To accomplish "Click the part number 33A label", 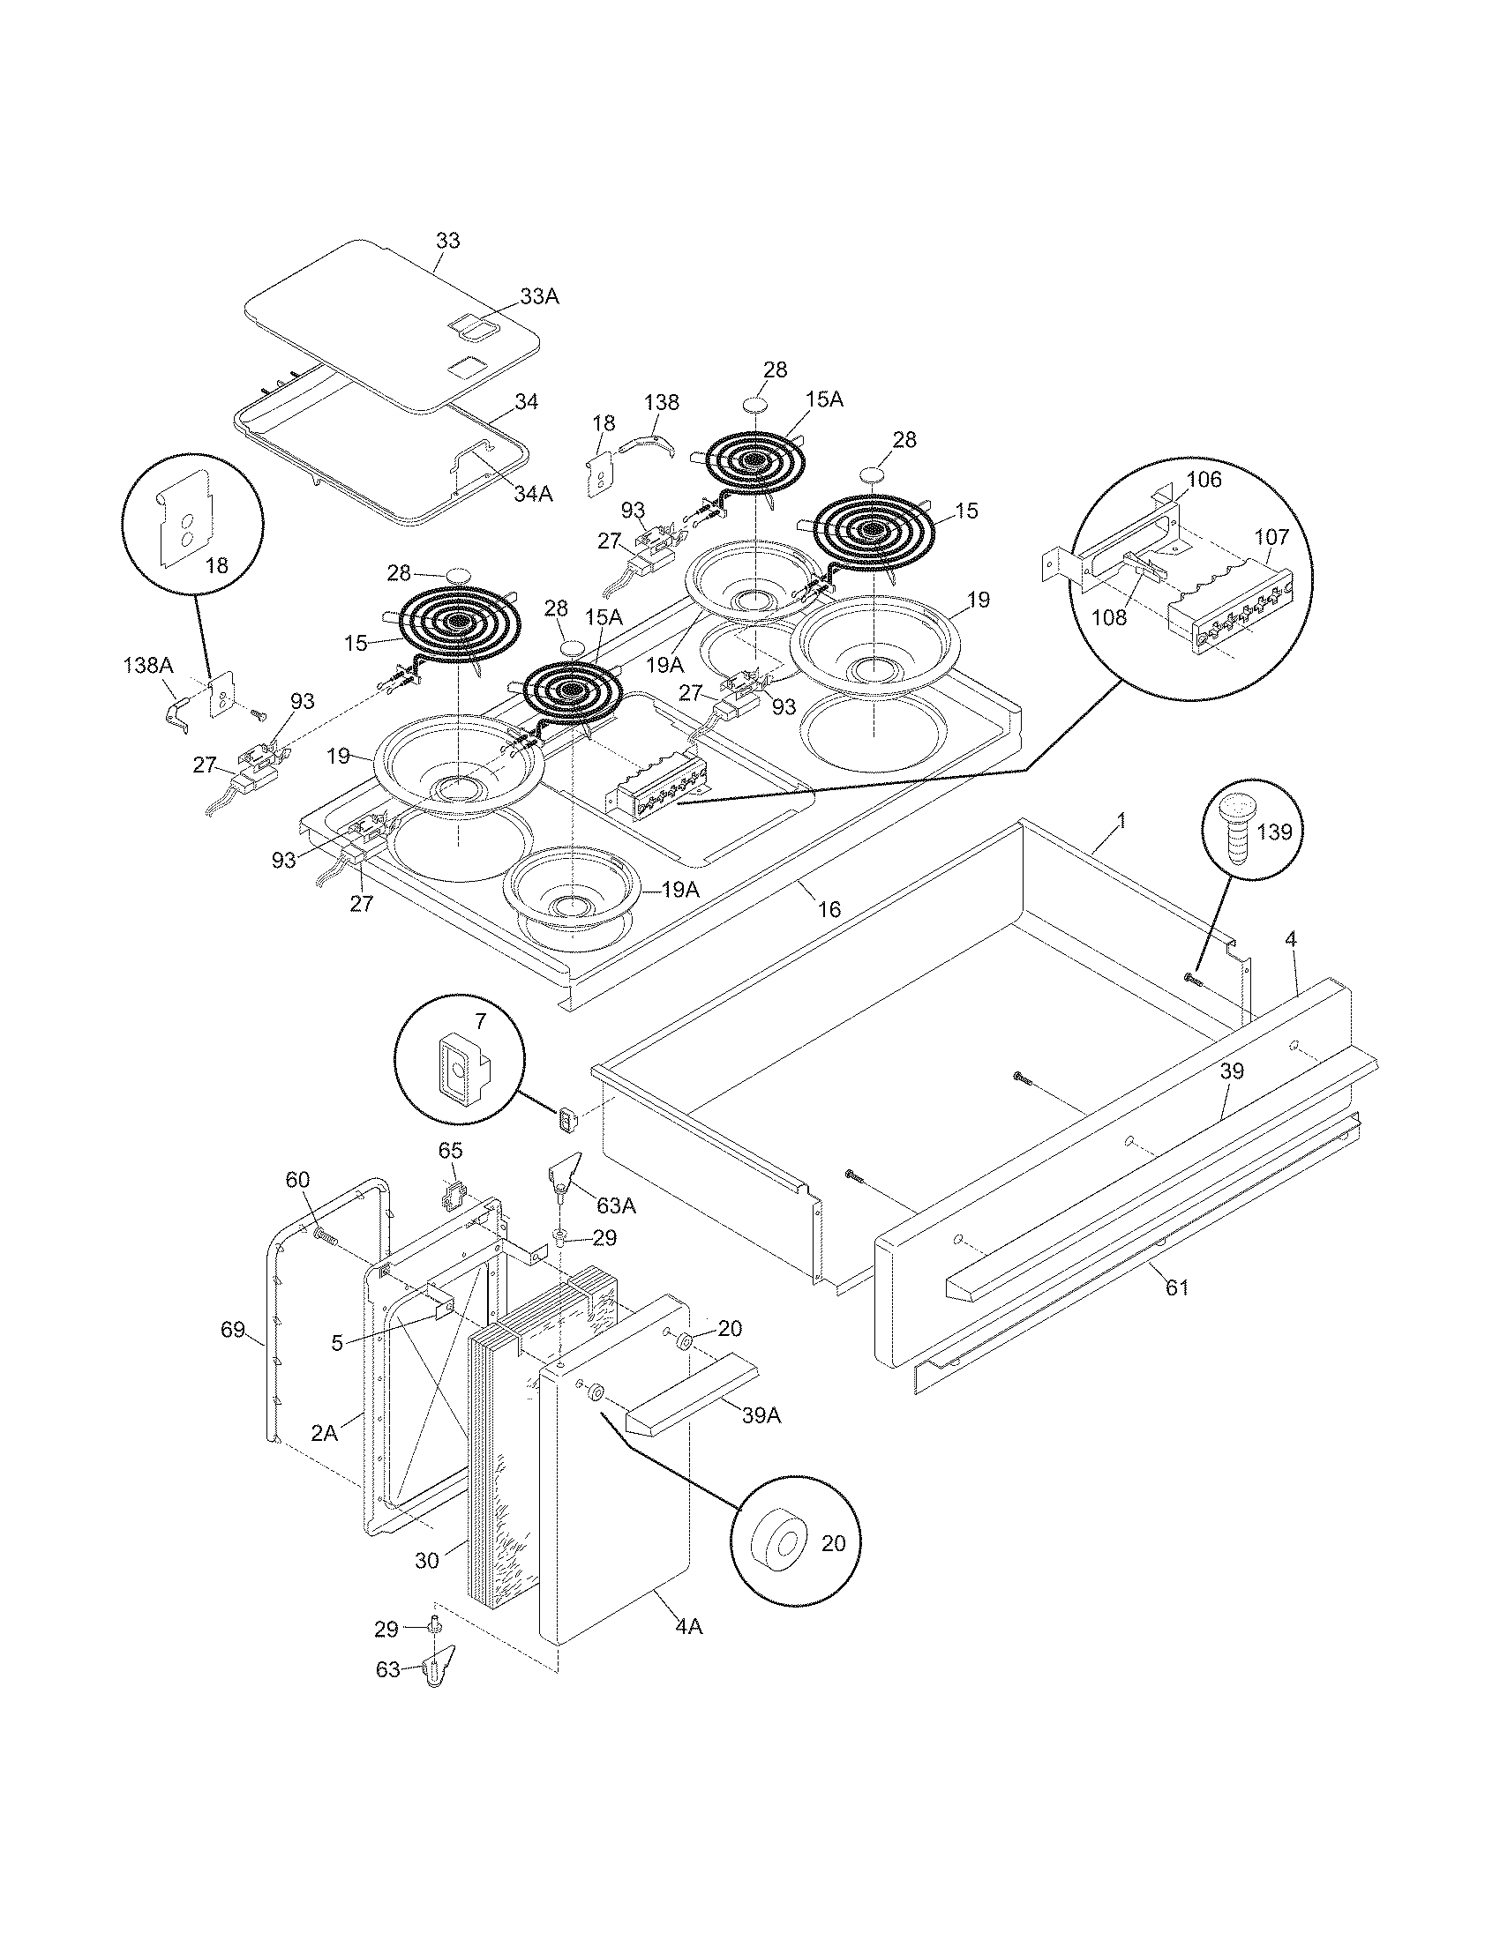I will [539, 296].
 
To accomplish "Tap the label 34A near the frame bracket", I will [532, 494].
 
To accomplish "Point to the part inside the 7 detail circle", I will [459, 1071].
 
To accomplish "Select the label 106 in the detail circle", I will [1205, 480].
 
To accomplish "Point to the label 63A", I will [616, 1206].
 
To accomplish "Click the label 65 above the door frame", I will [451, 1148].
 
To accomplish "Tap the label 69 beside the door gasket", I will [233, 1330].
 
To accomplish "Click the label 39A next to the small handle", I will [761, 1416].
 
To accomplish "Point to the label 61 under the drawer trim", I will [1176, 1287].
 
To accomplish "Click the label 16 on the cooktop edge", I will [829, 908].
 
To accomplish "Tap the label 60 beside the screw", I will [296, 1180].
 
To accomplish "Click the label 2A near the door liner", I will [325, 1432].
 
